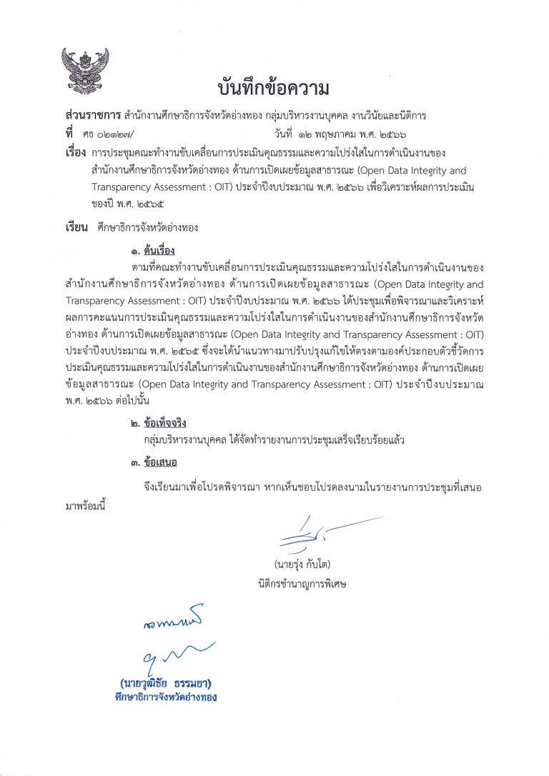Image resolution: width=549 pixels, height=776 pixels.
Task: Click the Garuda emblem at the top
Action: (x=84, y=71)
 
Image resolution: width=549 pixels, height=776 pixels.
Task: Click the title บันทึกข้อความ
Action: (x=273, y=89)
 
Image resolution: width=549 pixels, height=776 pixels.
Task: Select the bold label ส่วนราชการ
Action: (x=91, y=115)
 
